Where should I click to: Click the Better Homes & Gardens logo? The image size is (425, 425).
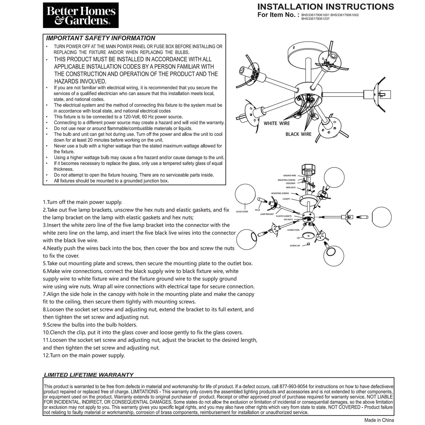[81, 15]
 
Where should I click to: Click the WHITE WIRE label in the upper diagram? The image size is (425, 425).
[277, 123]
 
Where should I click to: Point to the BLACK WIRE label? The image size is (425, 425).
[298, 134]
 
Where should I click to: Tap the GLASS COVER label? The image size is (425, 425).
[242, 212]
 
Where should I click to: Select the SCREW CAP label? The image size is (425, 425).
[295, 246]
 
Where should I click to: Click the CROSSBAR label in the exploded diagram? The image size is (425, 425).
[290, 183]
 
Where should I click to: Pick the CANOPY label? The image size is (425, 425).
[286, 199]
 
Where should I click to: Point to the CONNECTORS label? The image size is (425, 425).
[293, 230]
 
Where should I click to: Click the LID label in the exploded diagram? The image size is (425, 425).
[298, 238]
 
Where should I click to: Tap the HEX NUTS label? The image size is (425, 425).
[288, 220]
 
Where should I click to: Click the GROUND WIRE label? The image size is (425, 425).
[290, 176]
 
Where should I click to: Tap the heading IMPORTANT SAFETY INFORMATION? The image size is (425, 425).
[101, 38]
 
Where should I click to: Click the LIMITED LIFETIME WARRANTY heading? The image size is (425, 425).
[88, 375]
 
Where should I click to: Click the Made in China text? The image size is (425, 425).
[379, 420]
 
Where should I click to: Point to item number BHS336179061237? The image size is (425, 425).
[315, 19]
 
